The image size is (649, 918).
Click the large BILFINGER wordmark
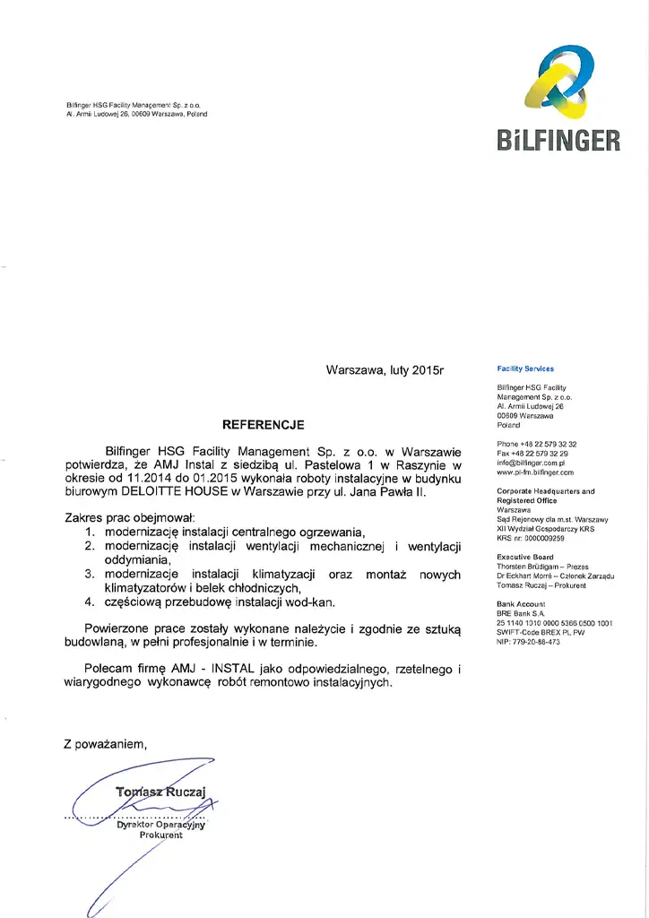556,141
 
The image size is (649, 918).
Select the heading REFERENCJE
264,424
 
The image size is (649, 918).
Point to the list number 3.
90,574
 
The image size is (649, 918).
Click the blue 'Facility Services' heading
525,368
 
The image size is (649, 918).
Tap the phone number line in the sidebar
536,445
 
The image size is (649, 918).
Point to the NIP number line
528,641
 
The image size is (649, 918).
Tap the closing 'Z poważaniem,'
105,743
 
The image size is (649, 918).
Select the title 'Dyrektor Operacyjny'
160,825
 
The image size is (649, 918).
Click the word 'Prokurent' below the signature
160,836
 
